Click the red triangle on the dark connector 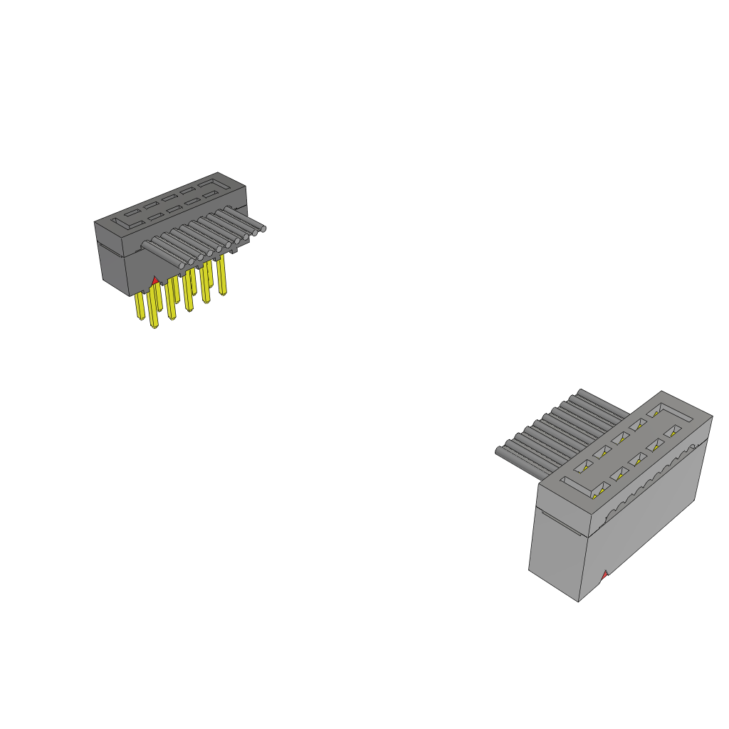pos(154,282)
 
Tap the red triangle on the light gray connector pos(604,574)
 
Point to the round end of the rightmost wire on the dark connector pos(262,229)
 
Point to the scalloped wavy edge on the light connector pos(648,477)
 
